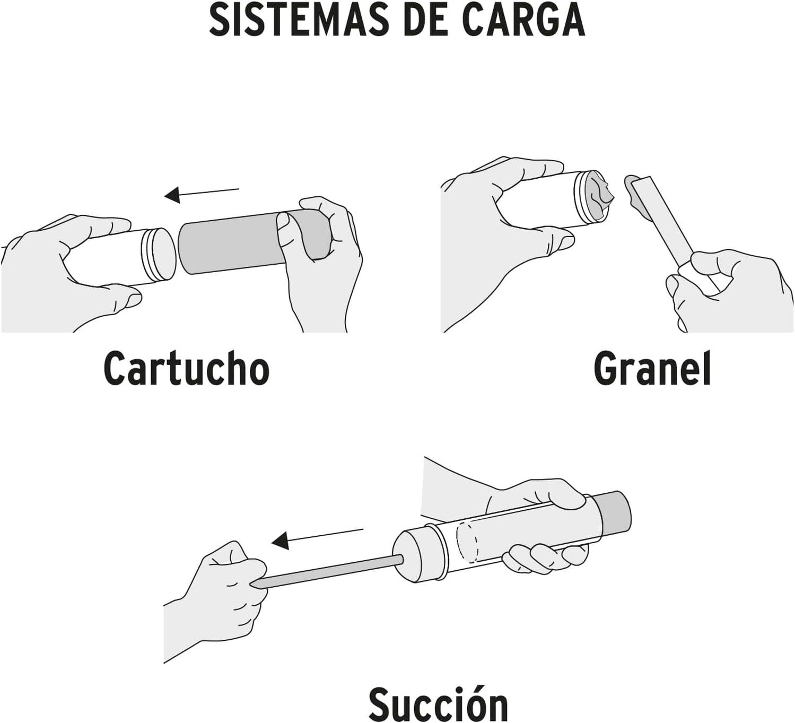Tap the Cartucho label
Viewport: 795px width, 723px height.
pos(186,368)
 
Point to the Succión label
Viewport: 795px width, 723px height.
pos(438,703)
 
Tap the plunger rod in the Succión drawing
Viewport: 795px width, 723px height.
pos(329,570)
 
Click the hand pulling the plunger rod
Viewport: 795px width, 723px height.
pos(217,594)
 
